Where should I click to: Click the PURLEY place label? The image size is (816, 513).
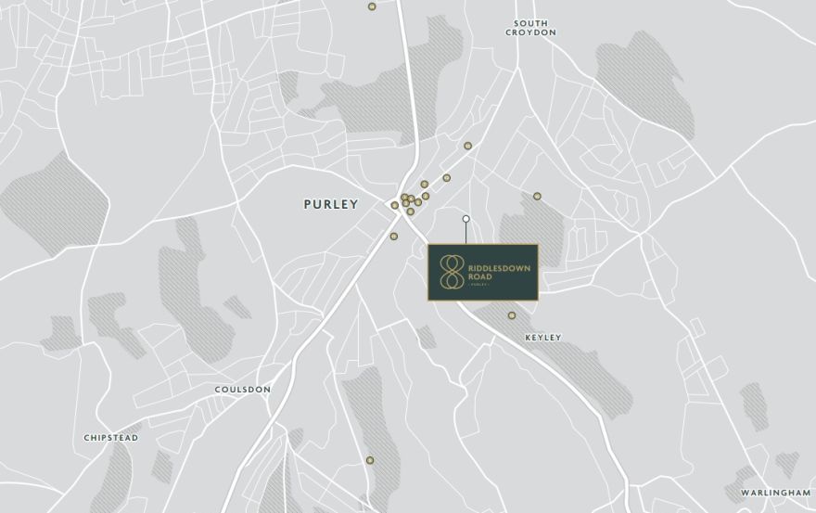pyautogui.click(x=330, y=204)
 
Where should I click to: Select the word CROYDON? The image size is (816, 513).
pyautogui.click(x=530, y=32)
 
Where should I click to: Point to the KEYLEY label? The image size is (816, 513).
pyautogui.click(x=543, y=338)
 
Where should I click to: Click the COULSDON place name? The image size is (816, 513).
pyautogui.click(x=242, y=390)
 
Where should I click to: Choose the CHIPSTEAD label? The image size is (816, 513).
pyautogui.click(x=111, y=437)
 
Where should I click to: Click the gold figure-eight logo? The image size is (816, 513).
pyautogui.click(x=452, y=272)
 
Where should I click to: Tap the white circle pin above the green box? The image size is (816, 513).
pyautogui.click(x=466, y=219)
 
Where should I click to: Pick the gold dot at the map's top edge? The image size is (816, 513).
pyautogui.click(x=372, y=6)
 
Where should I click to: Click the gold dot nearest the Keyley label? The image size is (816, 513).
pyautogui.click(x=511, y=315)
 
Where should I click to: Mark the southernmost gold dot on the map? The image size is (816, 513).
pyautogui.click(x=369, y=460)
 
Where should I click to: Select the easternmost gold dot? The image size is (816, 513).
pyautogui.click(x=537, y=196)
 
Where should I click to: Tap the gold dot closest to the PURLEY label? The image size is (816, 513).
pyautogui.click(x=394, y=205)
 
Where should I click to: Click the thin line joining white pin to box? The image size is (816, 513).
pyautogui.click(x=466, y=233)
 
